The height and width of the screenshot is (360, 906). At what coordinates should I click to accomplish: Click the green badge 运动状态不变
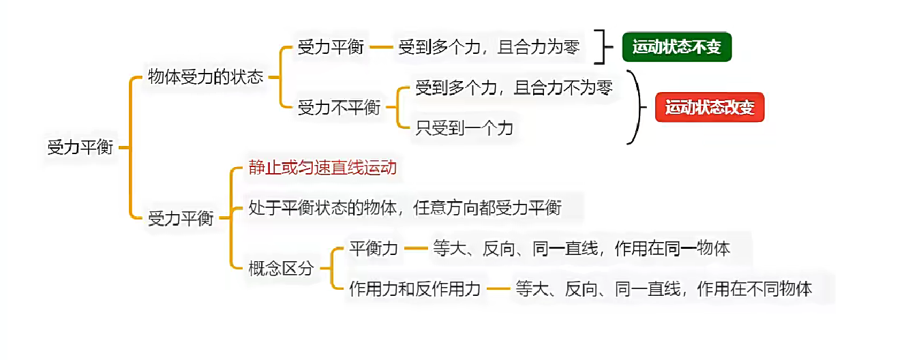point(676,48)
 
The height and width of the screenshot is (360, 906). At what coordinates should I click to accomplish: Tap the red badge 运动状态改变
point(709,108)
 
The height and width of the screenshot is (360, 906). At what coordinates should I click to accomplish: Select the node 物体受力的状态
point(206,77)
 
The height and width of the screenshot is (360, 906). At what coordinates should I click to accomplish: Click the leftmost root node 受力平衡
point(80,147)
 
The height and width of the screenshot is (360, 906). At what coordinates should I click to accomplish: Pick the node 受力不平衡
point(339,107)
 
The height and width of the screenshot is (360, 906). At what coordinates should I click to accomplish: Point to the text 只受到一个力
point(464,127)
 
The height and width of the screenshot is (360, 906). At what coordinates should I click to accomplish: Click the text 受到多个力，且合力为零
point(489,48)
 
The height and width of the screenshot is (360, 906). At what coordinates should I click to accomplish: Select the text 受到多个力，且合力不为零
point(514,88)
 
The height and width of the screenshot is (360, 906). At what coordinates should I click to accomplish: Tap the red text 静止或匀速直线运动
point(322,168)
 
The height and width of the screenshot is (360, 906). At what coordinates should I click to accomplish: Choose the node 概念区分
point(281,268)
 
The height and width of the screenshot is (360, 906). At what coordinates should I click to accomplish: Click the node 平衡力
point(373,248)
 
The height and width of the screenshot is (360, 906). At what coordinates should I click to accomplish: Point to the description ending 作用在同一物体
point(582,248)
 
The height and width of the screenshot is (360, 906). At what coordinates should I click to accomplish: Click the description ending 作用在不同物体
point(664,288)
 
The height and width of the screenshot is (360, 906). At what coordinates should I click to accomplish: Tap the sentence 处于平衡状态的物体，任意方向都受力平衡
point(405,207)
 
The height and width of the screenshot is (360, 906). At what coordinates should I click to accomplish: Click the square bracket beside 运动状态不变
point(600,47)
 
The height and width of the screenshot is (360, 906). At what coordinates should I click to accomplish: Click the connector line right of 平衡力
point(414,248)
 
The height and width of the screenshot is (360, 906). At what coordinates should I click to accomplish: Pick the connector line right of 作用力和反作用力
point(498,288)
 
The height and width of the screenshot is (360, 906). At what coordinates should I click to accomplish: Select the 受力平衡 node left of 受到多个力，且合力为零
point(331,48)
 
